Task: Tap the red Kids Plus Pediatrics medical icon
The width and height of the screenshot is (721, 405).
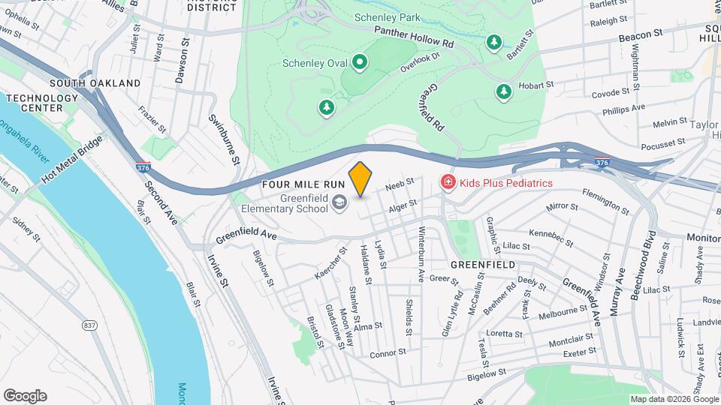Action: pyautogui.click(x=448, y=183)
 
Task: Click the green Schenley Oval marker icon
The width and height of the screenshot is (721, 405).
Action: pyautogui.click(x=360, y=62)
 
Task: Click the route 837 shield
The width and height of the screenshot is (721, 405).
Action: pyautogui.click(x=89, y=325)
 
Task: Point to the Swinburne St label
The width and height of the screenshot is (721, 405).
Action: pyautogui.click(x=224, y=139)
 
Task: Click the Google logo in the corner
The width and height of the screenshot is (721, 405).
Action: pyautogui.click(x=25, y=396)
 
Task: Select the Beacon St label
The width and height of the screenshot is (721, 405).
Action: pyautogui.click(x=641, y=34)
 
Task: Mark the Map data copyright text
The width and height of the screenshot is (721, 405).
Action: pyautogui.click(x=674, y=399)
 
